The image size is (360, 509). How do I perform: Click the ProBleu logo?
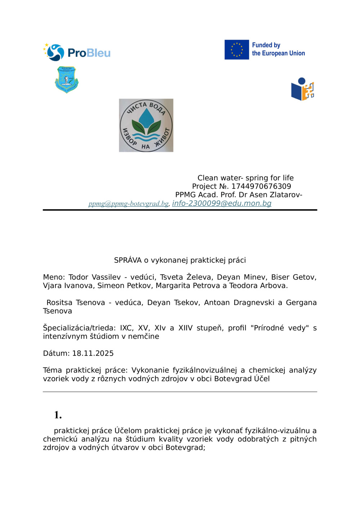(77, 53)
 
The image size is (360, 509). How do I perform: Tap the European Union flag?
(237, 50)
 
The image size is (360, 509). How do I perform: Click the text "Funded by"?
(266, 45)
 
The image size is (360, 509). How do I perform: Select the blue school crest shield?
(67, 79)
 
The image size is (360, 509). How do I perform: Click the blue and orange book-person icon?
(302, 89)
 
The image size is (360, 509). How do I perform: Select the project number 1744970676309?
(261, 186)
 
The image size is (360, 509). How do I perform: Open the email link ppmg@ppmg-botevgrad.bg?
(129, 204)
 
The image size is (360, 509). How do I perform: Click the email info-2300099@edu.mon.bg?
(222, 203)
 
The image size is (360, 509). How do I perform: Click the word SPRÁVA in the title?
(128, 260)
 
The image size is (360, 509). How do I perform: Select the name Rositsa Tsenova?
(76, 303)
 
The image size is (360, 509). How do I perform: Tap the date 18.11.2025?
(93, 353)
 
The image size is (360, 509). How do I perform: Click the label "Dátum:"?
(57, 353)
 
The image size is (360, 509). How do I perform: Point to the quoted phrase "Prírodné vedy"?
(280, 328)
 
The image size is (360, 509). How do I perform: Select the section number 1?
(58, 415)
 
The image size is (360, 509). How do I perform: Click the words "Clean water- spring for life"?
(246, 178)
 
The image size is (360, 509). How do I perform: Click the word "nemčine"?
(144, 336)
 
